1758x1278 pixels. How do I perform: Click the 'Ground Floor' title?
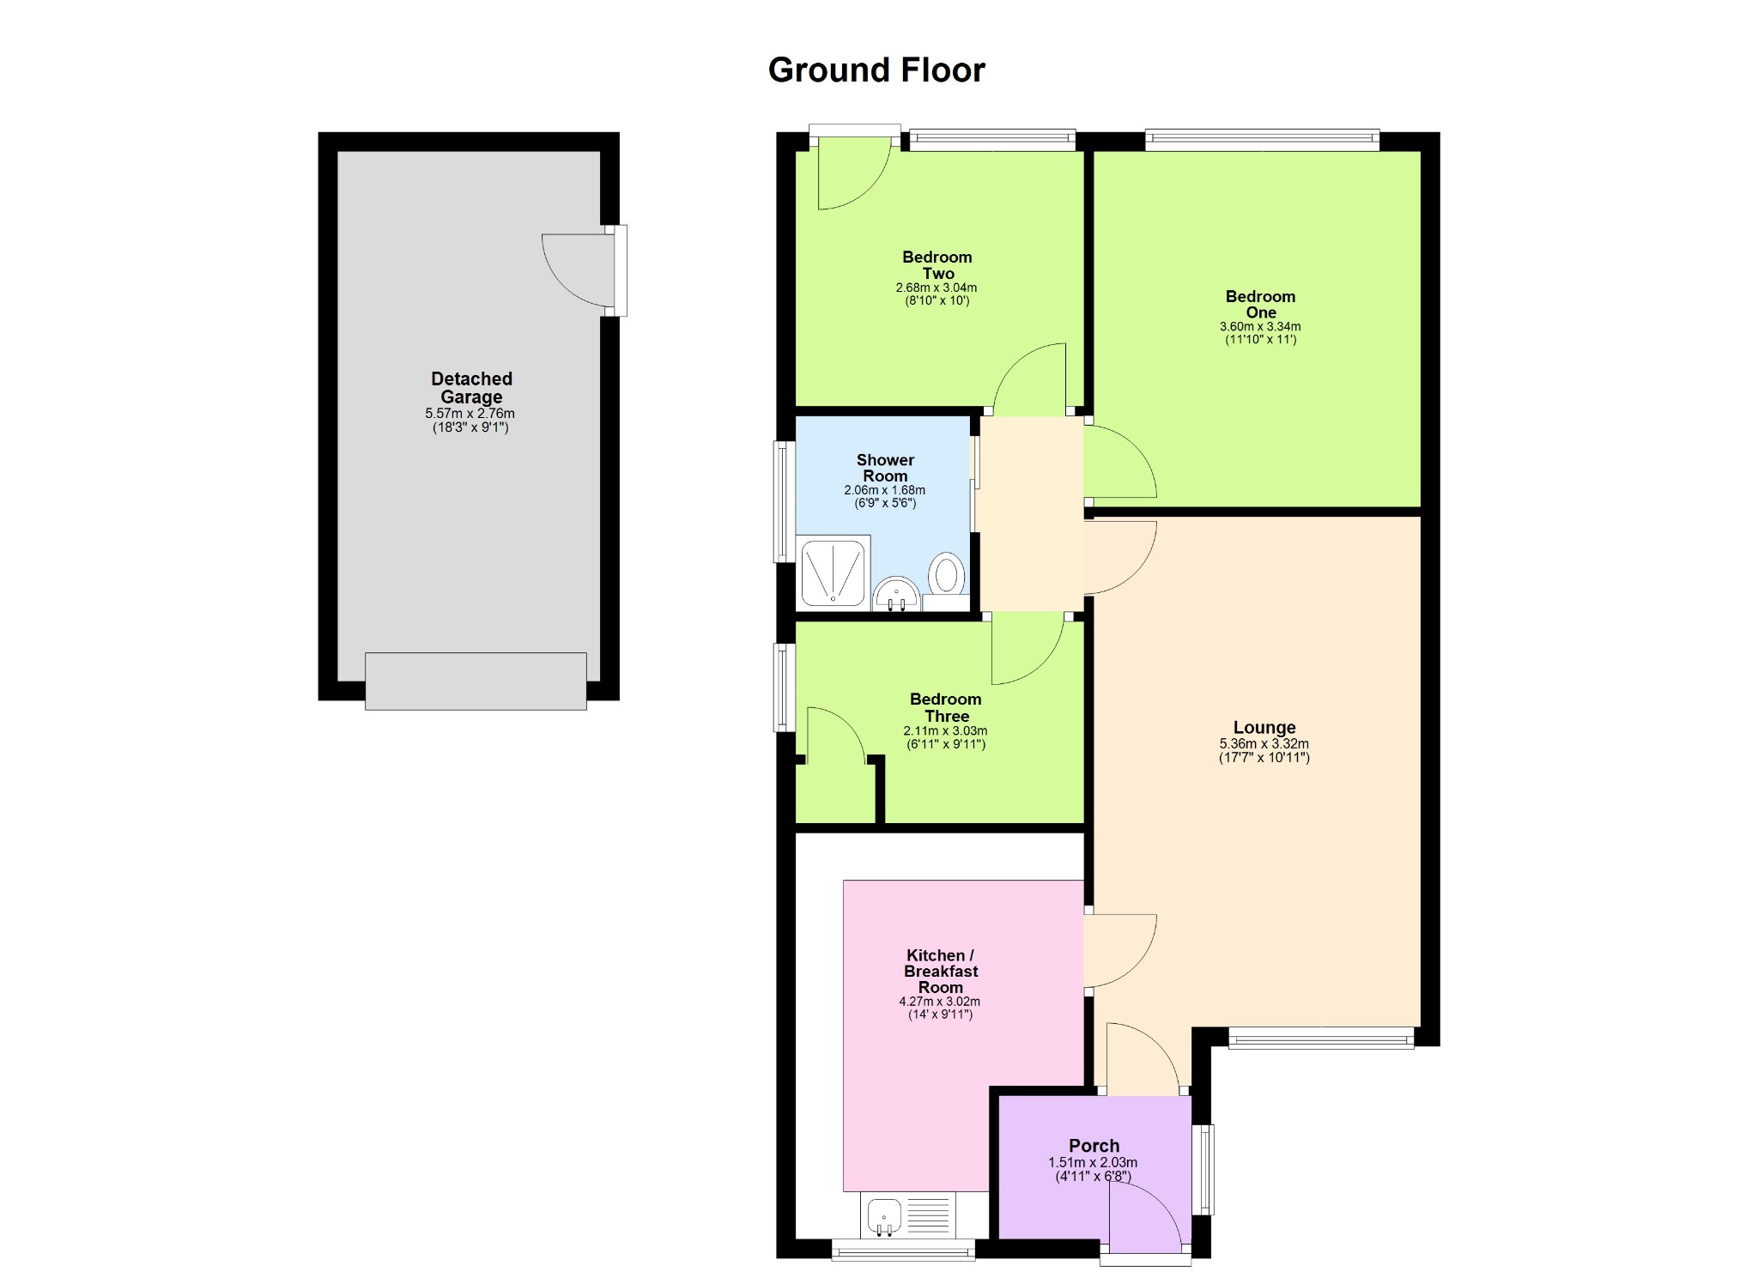(x=876, y=70)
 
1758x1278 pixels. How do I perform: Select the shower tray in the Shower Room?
(x=834, y=571)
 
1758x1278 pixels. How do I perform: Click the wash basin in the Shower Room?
(x=896, y=594)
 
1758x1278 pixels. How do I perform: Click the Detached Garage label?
(x=471, y=388)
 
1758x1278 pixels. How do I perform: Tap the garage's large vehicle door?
(x=476, y=681)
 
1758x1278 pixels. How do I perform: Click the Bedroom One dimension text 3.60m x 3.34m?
(x=1260, y=327)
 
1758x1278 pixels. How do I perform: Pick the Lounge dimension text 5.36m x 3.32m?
(x=1264, y=744)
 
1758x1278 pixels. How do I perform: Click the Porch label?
(x=1094, y=1146)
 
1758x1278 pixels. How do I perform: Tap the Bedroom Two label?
(x=937, y=265)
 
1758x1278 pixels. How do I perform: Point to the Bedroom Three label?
(x=946, y=708)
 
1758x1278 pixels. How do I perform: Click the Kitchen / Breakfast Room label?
(x=940, y=971)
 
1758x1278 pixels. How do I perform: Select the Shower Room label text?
(x=885, y=468)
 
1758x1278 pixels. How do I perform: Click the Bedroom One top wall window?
(x=1262, y=140)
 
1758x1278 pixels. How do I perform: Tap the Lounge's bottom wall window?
(x=1321, y=1038)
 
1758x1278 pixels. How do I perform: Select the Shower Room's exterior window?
(x=785, y=502)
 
